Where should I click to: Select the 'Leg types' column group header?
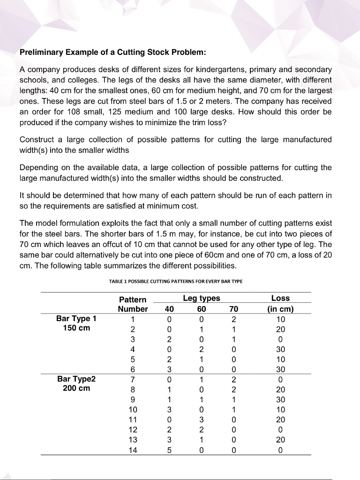click(202, 299)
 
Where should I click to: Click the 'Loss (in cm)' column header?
click(280, 303)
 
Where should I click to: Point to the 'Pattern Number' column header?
click(133, 304)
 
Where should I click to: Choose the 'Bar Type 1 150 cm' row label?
click(76, 323)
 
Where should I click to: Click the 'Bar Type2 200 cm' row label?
click(76, 384)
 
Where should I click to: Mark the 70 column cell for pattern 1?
click(234, 319)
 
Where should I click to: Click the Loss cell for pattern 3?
click(280, 339)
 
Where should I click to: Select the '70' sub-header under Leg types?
click(234, 309)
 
